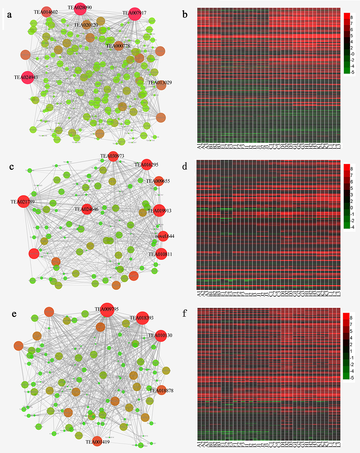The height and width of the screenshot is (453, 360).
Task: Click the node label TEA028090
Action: (80, 7)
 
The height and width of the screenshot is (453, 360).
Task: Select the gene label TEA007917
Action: (134, 13)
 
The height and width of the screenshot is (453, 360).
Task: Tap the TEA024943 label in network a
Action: (26, 77)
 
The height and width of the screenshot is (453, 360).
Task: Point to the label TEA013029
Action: (160, 83)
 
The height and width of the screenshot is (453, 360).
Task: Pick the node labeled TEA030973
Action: (112, 156)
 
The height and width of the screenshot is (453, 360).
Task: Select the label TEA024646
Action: (86, 209)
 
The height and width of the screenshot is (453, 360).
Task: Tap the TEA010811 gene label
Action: (160, 254)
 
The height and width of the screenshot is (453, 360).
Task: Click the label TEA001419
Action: (98, 442)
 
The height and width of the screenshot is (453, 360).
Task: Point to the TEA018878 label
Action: (161, 390)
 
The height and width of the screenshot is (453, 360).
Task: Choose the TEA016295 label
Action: (146, 164)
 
